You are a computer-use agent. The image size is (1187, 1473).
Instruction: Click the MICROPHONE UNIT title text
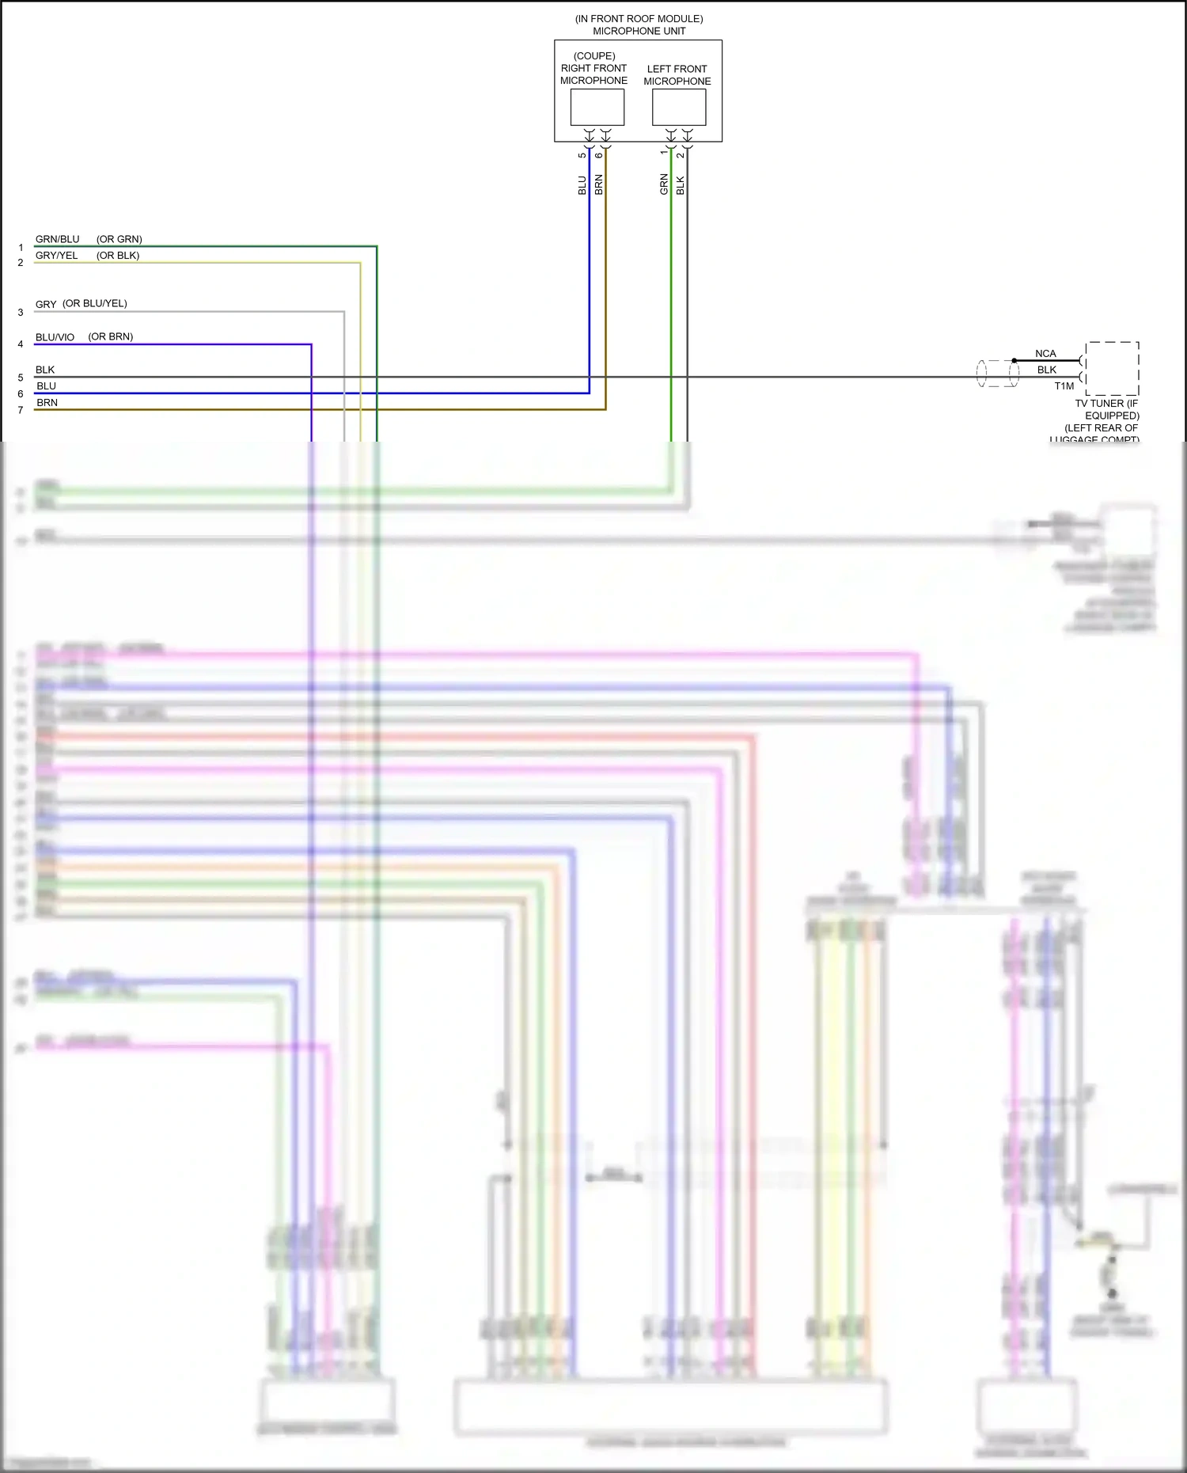(639, 31)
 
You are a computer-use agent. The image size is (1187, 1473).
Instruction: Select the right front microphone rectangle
(597, 107)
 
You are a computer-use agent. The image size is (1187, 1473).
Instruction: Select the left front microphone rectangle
(678, 107)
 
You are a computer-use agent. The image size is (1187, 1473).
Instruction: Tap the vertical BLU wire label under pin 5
(582, 185)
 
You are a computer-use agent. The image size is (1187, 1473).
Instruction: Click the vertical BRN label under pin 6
(599, 185)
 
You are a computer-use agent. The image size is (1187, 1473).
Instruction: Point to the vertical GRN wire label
(664, 185)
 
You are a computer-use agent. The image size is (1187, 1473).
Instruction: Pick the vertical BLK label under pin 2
(681, 186)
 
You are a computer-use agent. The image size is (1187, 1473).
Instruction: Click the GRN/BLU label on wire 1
(57, 239)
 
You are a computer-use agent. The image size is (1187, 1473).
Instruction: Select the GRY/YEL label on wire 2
(56, 256)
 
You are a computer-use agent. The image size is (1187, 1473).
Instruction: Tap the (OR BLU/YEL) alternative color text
(95, 304)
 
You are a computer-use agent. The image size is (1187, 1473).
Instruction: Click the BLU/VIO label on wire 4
(55, 337)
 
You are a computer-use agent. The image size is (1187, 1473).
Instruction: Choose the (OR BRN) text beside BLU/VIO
(111, 336)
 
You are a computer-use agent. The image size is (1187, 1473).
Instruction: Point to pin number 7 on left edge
(21, 410)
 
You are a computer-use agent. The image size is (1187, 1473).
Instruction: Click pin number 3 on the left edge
(21, 313)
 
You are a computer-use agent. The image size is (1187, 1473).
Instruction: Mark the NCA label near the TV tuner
(1045, 354)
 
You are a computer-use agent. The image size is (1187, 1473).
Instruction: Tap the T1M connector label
(1064, 386)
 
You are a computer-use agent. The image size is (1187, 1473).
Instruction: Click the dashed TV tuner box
(1112, 368)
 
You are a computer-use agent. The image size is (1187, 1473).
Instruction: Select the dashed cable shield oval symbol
(998, 374)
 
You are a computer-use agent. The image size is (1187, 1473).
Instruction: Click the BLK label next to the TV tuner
(1047, 370)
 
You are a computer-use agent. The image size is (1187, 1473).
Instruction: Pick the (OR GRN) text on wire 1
(119, 239)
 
